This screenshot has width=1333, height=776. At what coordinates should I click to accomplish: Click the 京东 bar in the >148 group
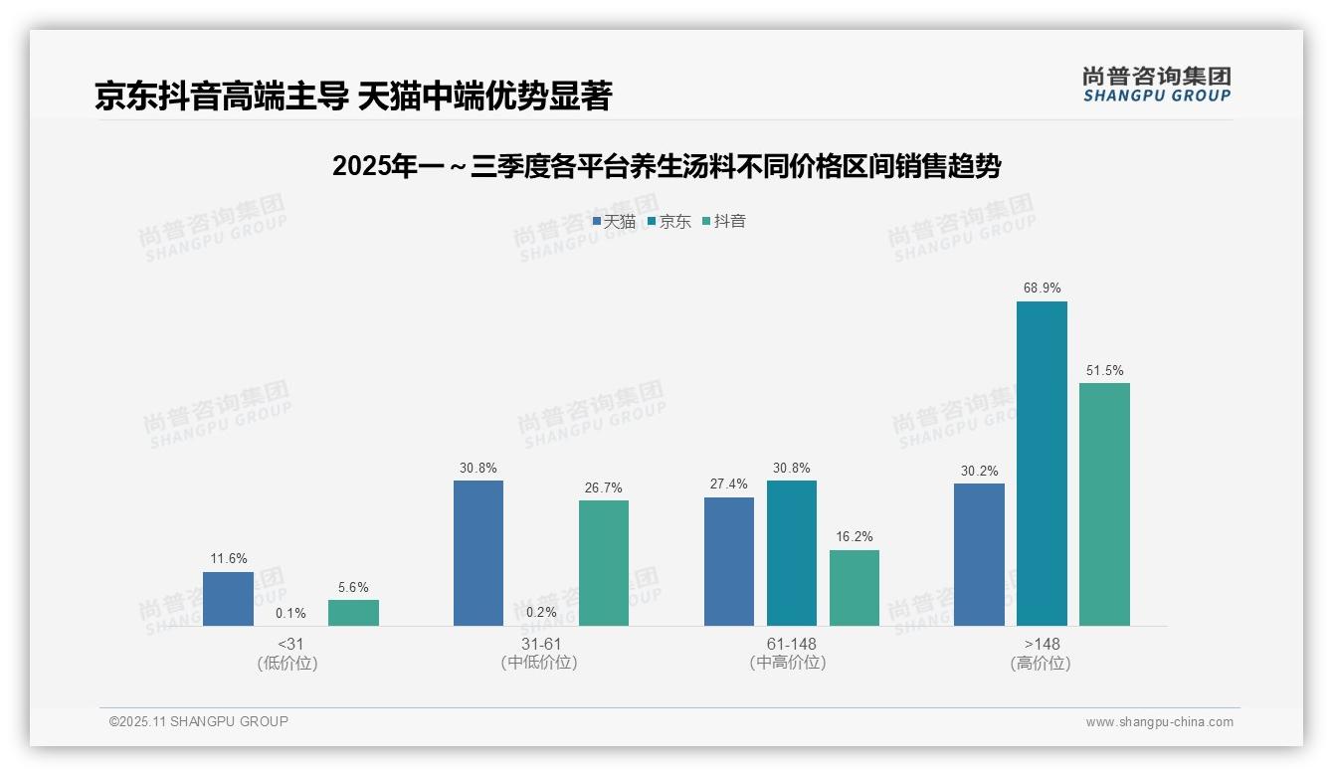point(1042,464)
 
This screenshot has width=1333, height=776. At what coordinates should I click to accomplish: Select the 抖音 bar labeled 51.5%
point(1104,504)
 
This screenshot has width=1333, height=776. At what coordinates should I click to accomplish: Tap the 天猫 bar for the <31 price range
point(228,599)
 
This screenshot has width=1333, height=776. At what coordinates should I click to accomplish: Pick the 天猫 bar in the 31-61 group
point(478,553)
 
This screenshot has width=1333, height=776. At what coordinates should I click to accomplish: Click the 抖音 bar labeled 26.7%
point(604,563)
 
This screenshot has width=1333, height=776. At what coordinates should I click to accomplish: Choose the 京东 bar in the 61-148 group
point(791,553)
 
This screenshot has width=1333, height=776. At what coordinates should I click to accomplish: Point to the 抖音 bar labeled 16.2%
point(855,588)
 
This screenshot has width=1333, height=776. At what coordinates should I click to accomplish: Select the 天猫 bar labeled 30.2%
point(979,555)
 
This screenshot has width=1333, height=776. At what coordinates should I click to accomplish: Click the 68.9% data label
point(1042,289)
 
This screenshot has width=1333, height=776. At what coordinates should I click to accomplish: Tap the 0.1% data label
point(290,613)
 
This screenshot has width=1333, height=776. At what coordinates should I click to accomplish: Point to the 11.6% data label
point(228,558)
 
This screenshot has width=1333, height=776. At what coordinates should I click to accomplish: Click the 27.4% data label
point(729,484)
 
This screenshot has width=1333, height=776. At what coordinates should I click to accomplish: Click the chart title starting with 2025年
point(666,166)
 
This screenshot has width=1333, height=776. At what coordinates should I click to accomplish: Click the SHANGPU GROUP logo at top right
point(1156,85)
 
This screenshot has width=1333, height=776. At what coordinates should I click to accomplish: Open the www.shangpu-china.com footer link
point(1159,722)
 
